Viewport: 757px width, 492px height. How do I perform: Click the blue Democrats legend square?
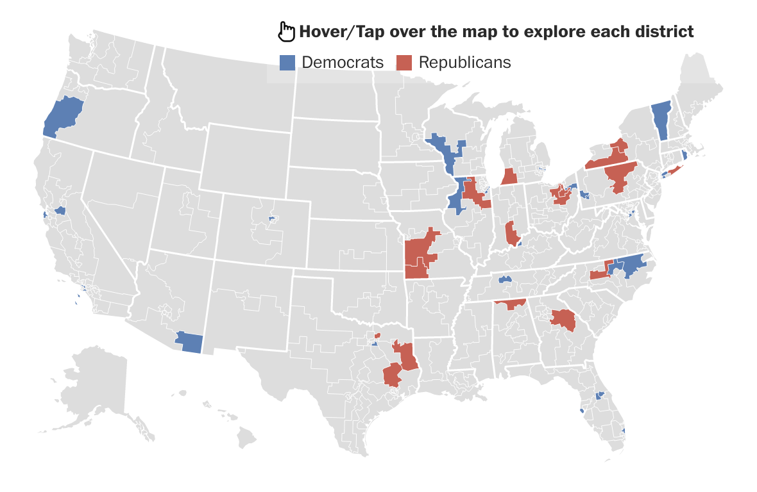pyautogui.click(x=288, y=62)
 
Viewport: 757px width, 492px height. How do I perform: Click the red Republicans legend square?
pyautogui.click(x=404, y=62)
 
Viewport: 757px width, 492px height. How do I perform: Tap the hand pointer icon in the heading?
pyautogui.click(x=286, y=31)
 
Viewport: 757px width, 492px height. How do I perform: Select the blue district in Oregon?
pyautogui.click(x=63, y=115)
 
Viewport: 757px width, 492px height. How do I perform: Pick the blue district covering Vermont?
pyautogui.click(x=661, y=120)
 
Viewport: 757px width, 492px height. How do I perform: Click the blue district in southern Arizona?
pyautogui.click(x=190, y=342)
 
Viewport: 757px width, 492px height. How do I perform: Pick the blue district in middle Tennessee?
pyautogui.click(x=504, y=279)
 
